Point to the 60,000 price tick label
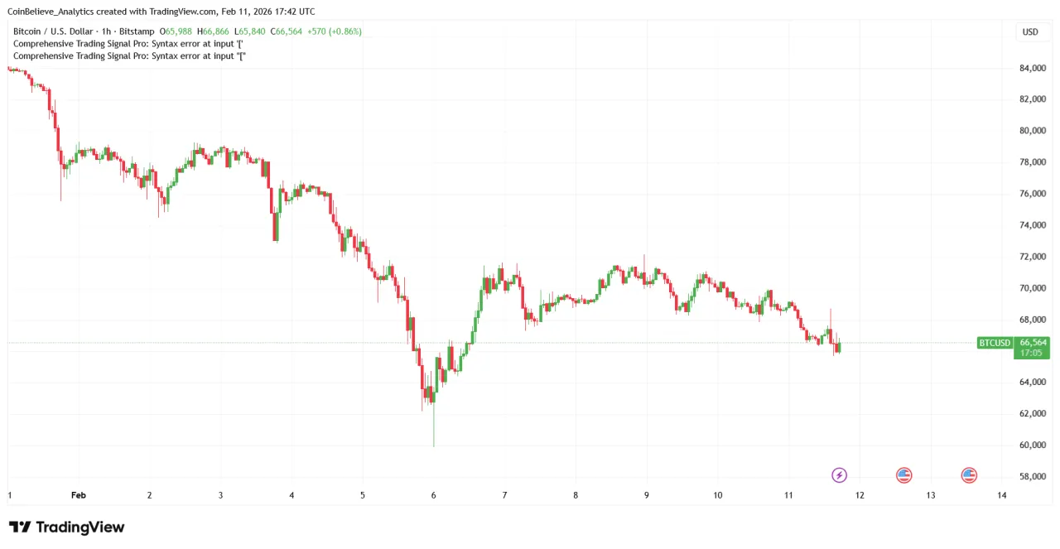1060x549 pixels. tap(1032, 445)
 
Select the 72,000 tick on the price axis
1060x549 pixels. tap(1032, 257)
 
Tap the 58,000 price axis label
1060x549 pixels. tap(1032, 477)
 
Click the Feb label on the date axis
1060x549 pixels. tap(79, 495)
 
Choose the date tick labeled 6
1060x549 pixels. tap(433, 495)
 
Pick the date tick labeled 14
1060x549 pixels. tap(1002, 495)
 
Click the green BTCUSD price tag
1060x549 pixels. tap(995, 343)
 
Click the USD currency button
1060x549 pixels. tap(1030, 32)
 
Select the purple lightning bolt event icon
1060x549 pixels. tap(840, 475)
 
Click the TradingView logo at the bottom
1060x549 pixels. tap(66, 527)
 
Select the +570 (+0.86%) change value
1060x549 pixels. tap(334, 31)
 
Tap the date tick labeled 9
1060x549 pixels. tap(646, 495)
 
